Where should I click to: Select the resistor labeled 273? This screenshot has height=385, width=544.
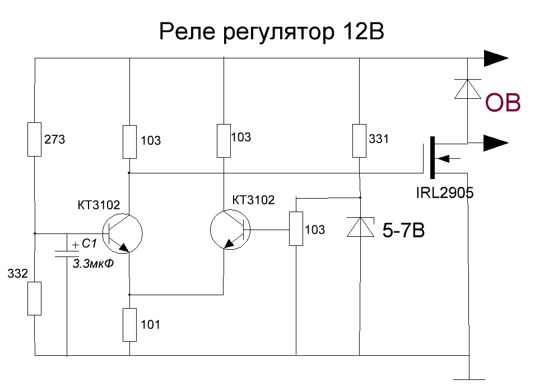pyautogui.click(x=35, y=139)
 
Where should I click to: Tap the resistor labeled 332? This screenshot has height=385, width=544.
pyautogui.click(x=35, y=299)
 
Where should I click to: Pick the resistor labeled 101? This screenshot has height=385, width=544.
pyautogui.click(x=129, y=324)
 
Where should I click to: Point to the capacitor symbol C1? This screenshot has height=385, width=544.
pyautogui.click(x=67, y=251)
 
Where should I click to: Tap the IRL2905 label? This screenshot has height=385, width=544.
pyautogui.click(x=445, y=194)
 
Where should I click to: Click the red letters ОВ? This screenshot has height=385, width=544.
pyautogui.click(x=503, y=103)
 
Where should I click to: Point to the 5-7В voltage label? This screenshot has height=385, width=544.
pyautogui.click(x=403, y=230)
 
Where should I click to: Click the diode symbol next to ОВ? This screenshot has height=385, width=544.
pyautogui.click(x=467, y=89)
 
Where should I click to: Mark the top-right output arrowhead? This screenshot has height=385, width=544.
pyautogui.click(x=496, y=58)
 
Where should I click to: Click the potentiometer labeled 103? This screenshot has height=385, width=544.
pyautogui.click(x=296, y=228)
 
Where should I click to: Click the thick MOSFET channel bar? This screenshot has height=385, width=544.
pyautogui.click(x=432, y=157)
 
